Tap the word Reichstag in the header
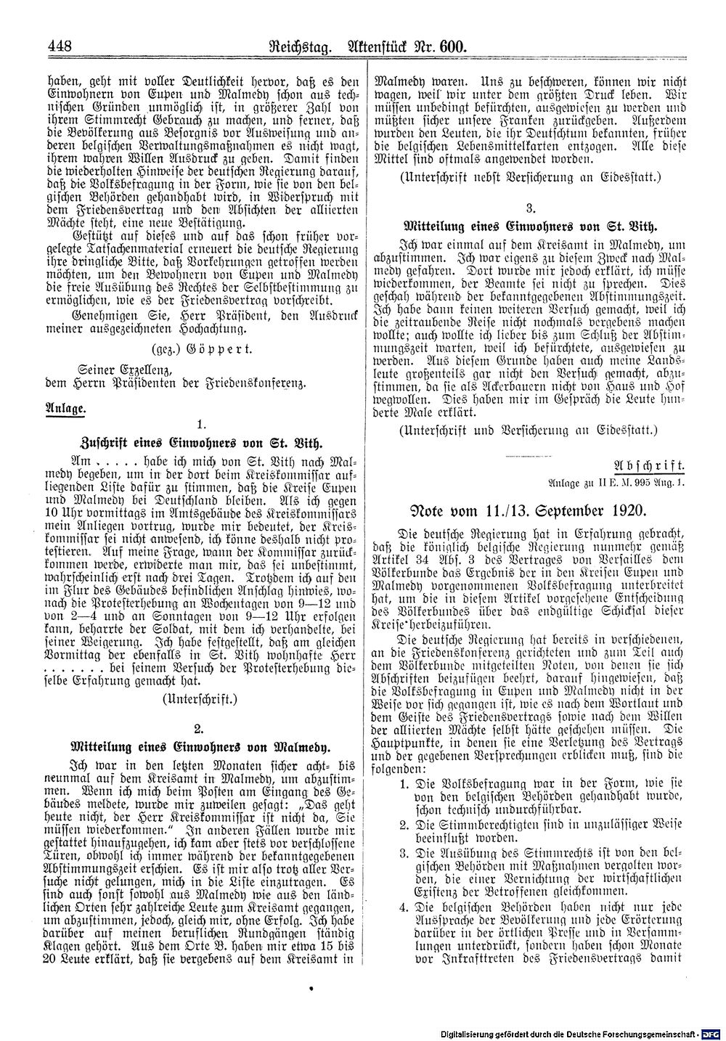300,49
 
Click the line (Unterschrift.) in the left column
197,698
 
